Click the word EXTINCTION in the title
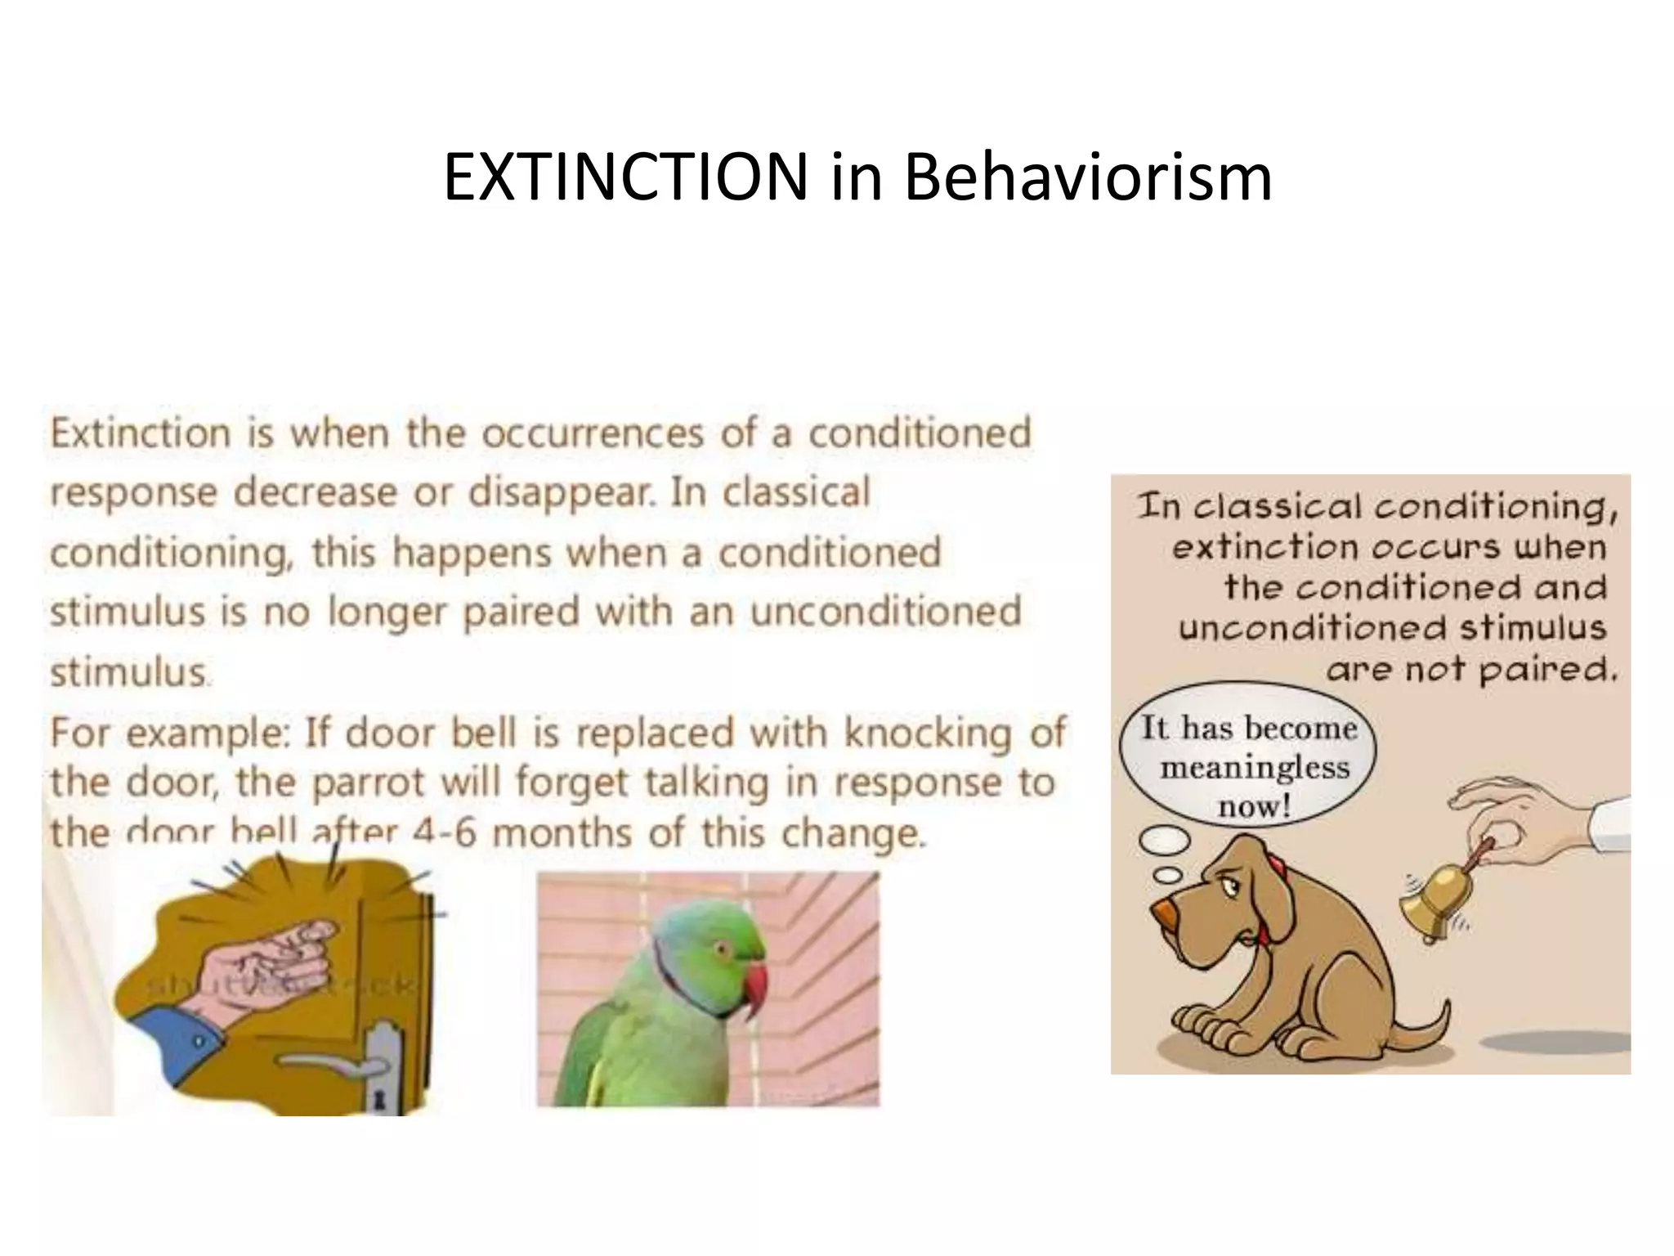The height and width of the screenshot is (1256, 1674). pyautogui.click(x=625, y=177)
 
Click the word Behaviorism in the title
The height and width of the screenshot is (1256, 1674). pyautogui.click(x=1087, y=177)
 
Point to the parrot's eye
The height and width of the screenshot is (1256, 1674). pyautogui.click(x=721, y=949)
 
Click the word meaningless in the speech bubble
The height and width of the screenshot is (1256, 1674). pyautogui.click(x=1255, y=768)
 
